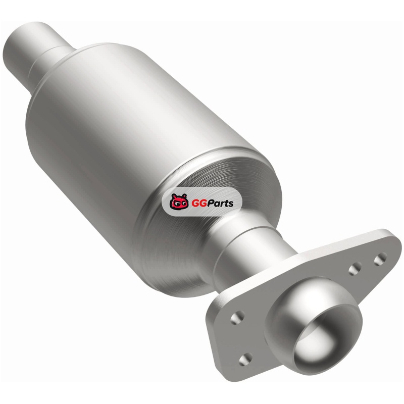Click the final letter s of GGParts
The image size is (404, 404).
tap(231, 204)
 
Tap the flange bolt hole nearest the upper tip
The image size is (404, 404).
tap(380, 259)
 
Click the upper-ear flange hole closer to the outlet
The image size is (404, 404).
tap(355, 269)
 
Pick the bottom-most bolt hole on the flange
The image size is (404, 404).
tap(245, 359)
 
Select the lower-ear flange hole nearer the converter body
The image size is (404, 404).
tap(237, 318)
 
